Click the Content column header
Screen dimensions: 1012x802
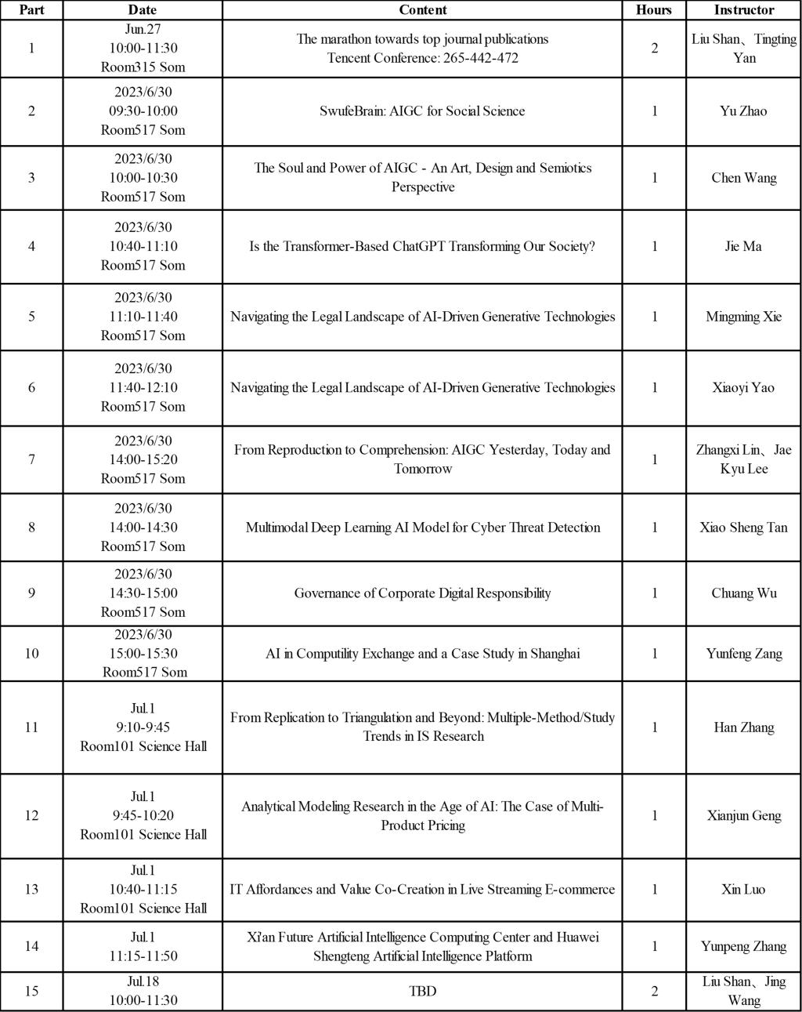pos(422,10)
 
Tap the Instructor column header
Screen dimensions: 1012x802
pos(743,10)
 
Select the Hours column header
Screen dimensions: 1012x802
pos(654,10)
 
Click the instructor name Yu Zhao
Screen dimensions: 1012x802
pos(743,111)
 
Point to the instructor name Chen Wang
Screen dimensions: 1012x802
pos(743,177)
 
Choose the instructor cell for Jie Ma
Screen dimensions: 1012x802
pos(743,246)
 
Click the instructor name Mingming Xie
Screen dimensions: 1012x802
pos(743,317)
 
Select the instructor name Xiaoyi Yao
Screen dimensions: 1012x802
pos(743,387)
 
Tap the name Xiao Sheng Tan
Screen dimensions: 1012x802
pos(743,527)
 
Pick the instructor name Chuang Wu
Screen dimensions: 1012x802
pos(743,593)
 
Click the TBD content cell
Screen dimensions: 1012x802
pos(422,991)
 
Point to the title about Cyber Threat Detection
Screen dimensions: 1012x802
pos(422,527)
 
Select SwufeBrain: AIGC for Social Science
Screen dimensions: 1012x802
pos(422,111)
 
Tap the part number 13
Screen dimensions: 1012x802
pos(31,889)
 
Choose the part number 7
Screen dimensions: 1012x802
pos(31,459)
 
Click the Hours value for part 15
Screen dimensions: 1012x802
pos(654,991)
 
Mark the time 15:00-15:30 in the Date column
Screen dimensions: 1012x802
pos(143,653)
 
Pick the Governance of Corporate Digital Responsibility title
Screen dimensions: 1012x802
pos(422,593)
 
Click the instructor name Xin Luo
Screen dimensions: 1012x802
pos(743,889)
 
